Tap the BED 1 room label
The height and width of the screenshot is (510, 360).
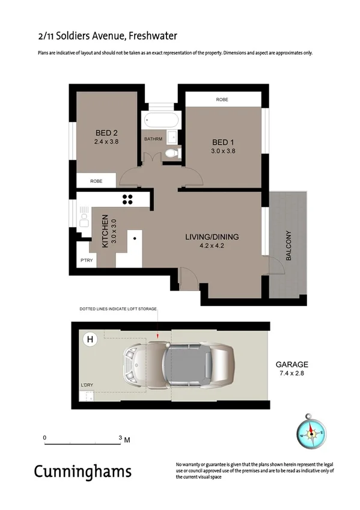click(223, 142)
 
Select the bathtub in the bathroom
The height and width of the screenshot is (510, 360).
click(159, 120)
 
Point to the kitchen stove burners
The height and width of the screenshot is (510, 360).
click(128, 199)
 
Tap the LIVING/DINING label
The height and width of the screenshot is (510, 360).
click(212, 237)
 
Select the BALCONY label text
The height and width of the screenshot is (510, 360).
click(289, 245)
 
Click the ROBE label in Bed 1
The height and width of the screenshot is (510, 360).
click(222, 100)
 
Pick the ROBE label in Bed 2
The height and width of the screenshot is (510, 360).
click(96, 180)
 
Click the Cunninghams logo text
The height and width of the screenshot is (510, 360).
click(82, 471)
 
